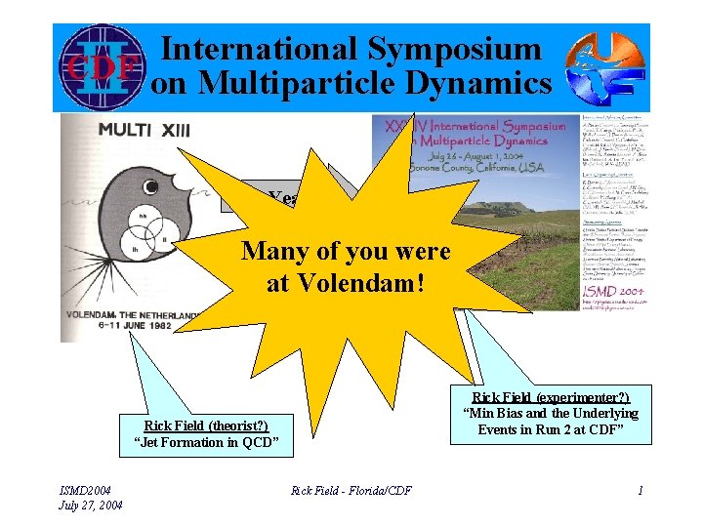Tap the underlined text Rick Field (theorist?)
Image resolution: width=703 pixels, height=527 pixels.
point(205,426)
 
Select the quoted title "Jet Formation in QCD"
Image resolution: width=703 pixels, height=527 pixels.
point(206,445)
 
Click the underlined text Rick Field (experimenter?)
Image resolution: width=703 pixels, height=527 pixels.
point(551,396)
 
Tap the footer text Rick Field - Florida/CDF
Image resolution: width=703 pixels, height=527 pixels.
point(351,491)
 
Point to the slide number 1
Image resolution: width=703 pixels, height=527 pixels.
point(640,491)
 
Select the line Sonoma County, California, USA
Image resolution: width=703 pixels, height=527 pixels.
point(488,167)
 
